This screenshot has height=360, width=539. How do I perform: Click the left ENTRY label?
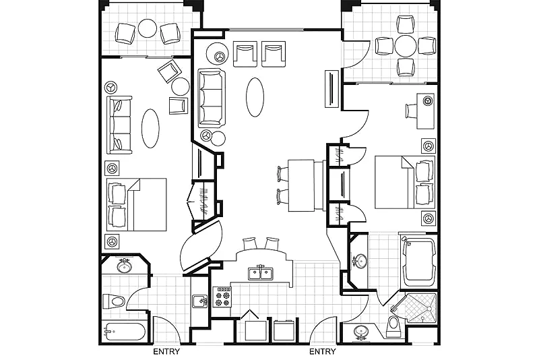166,351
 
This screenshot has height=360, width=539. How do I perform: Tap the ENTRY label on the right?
323,351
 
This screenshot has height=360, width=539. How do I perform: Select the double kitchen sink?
261,272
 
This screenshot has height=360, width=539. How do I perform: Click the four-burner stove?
222,297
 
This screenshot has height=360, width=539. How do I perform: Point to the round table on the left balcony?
148,28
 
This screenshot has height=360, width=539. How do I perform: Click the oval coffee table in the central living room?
255,97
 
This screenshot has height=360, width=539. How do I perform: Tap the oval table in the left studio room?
150,128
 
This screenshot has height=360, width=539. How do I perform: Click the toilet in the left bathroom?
113,302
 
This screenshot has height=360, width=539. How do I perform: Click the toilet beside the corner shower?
393,326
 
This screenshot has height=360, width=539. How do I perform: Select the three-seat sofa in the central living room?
212,98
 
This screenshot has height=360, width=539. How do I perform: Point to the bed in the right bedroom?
405,182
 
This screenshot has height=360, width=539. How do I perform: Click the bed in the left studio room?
137,204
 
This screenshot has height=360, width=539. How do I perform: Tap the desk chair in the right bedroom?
411,111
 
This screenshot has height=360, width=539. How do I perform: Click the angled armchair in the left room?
170,71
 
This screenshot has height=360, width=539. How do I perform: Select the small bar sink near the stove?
199,301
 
